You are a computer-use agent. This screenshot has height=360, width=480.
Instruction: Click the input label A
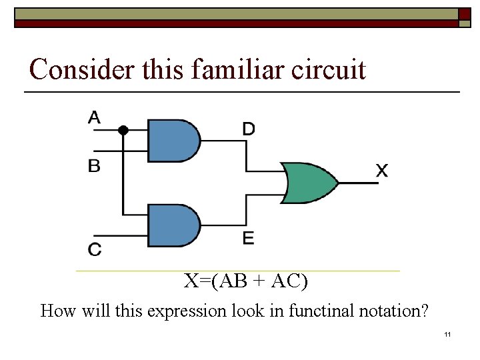coord(94,117)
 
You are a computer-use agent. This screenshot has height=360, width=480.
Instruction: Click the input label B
coord(94,165)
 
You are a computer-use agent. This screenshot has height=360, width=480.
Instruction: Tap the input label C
coord(95,250)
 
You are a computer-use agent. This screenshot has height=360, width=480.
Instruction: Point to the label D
coord(248,128)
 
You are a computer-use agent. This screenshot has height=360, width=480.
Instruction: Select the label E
coord(248,238)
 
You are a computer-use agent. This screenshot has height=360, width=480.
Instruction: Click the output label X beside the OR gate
coord(381,171)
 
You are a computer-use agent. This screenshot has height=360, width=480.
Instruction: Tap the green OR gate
coord(308,183)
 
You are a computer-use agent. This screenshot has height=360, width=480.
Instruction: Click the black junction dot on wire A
coord(123,131)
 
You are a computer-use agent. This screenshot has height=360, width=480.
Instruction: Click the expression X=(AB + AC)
coord(246,282)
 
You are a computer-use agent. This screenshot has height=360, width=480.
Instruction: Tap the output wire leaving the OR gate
coord(354,183)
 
